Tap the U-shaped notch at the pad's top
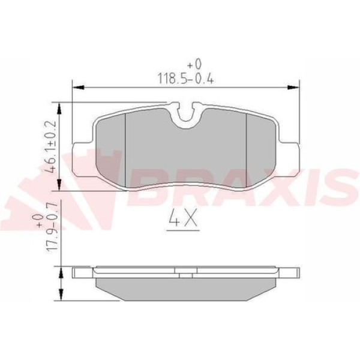(186, 114)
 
